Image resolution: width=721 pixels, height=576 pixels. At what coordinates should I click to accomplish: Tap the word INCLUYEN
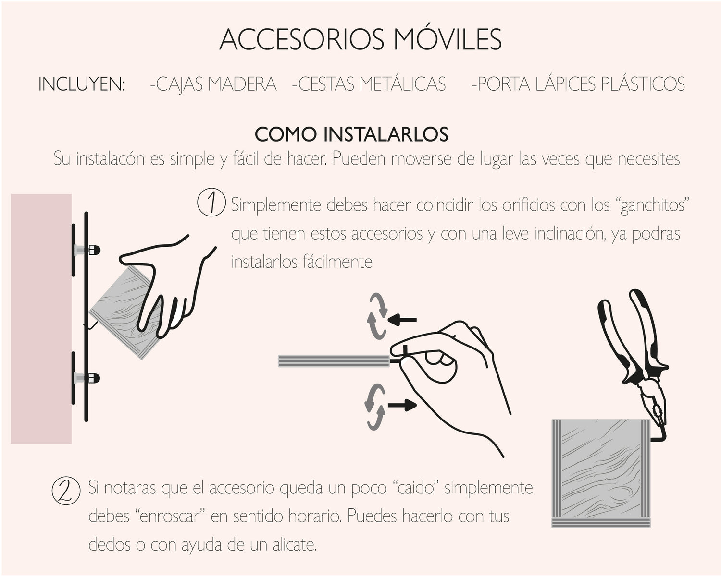[81, 84]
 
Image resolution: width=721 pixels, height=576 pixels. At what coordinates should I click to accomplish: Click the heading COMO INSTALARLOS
[351, 134]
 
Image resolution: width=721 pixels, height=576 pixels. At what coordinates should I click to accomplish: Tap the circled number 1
[211, 202]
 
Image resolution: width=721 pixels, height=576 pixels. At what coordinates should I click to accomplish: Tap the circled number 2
[66, 491]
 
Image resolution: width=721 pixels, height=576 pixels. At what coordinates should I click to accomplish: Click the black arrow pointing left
[402, 320]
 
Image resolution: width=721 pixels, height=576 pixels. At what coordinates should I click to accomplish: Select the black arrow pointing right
[402, 405]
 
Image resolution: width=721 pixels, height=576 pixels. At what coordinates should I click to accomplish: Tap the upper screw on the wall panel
[87, 250]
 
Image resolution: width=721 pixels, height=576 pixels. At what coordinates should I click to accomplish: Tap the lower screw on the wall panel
[87, 378]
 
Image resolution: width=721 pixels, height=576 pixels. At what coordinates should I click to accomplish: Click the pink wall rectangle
[41, 319]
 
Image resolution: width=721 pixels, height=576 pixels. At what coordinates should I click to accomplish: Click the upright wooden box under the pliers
[601, 473]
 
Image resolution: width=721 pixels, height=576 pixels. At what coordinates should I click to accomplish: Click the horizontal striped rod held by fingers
[334, 361]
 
